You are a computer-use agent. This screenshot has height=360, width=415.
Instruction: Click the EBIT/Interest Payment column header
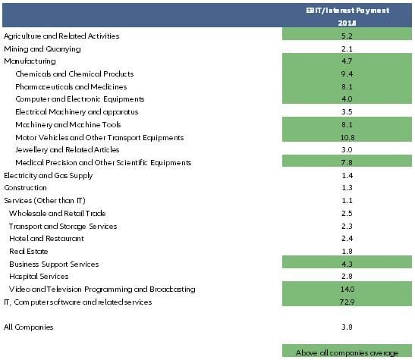coord(347,10)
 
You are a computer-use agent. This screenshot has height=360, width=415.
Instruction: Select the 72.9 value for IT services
coord(347,302)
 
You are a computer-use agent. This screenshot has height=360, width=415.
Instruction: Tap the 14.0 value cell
coord(347,290)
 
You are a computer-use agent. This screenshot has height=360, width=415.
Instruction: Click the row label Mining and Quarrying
coord(42,49)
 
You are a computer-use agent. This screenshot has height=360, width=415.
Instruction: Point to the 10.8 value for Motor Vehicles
coord(347,137)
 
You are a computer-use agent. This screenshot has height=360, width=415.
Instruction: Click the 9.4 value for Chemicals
coord(347,74)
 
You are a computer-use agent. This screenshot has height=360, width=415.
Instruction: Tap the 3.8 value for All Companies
coord(347,327)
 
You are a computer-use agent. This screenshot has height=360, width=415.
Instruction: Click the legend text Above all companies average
coord(347,352)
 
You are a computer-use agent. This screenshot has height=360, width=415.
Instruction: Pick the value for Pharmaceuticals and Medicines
coord(347,86)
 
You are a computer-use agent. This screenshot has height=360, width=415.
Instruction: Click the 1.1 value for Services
coord(347,201)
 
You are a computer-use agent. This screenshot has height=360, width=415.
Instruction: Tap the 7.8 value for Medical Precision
coord(347,163)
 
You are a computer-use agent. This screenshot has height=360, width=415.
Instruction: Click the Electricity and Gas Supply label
coord(49,176)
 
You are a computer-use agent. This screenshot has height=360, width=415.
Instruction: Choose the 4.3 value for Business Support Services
coord(347,264)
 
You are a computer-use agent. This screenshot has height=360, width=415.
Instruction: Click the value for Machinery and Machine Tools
coord(347,124)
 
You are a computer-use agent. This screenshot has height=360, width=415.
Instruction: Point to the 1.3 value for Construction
coord(347,188)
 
